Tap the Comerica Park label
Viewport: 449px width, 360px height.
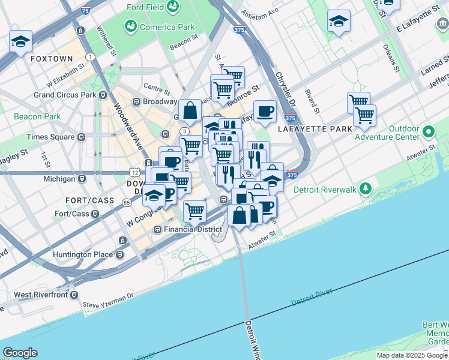(x=159, y=27)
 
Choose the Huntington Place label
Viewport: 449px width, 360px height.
(x=83, y=254)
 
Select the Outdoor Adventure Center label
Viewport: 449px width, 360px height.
(x=403, y=133)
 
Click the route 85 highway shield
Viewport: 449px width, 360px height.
(x=127, y=203)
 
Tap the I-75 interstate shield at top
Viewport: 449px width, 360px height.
(x=86, y=10)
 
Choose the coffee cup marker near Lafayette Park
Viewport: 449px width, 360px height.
(x=264, y=111)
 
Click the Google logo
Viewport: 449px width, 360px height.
(x=20, y=353)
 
